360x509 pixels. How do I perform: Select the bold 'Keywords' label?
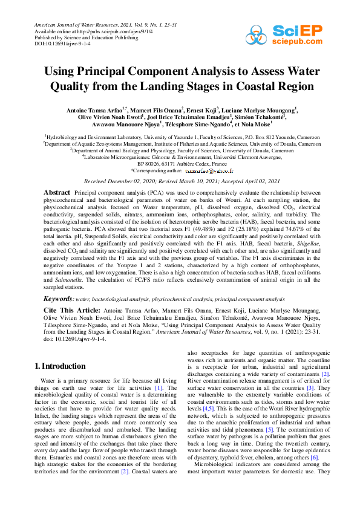coord(59,299)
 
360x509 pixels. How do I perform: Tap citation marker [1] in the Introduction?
coord(159,387)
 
